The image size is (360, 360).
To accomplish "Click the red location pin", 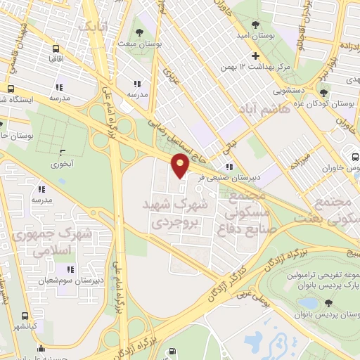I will point(180,166).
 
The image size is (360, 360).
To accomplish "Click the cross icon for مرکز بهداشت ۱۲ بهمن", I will point(255,56).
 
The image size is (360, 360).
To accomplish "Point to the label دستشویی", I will point(290,91).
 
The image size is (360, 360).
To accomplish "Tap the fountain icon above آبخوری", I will point(63,152).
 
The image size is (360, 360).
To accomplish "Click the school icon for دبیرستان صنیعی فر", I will point(229,167).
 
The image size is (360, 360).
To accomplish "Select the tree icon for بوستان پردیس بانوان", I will point(328,303).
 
